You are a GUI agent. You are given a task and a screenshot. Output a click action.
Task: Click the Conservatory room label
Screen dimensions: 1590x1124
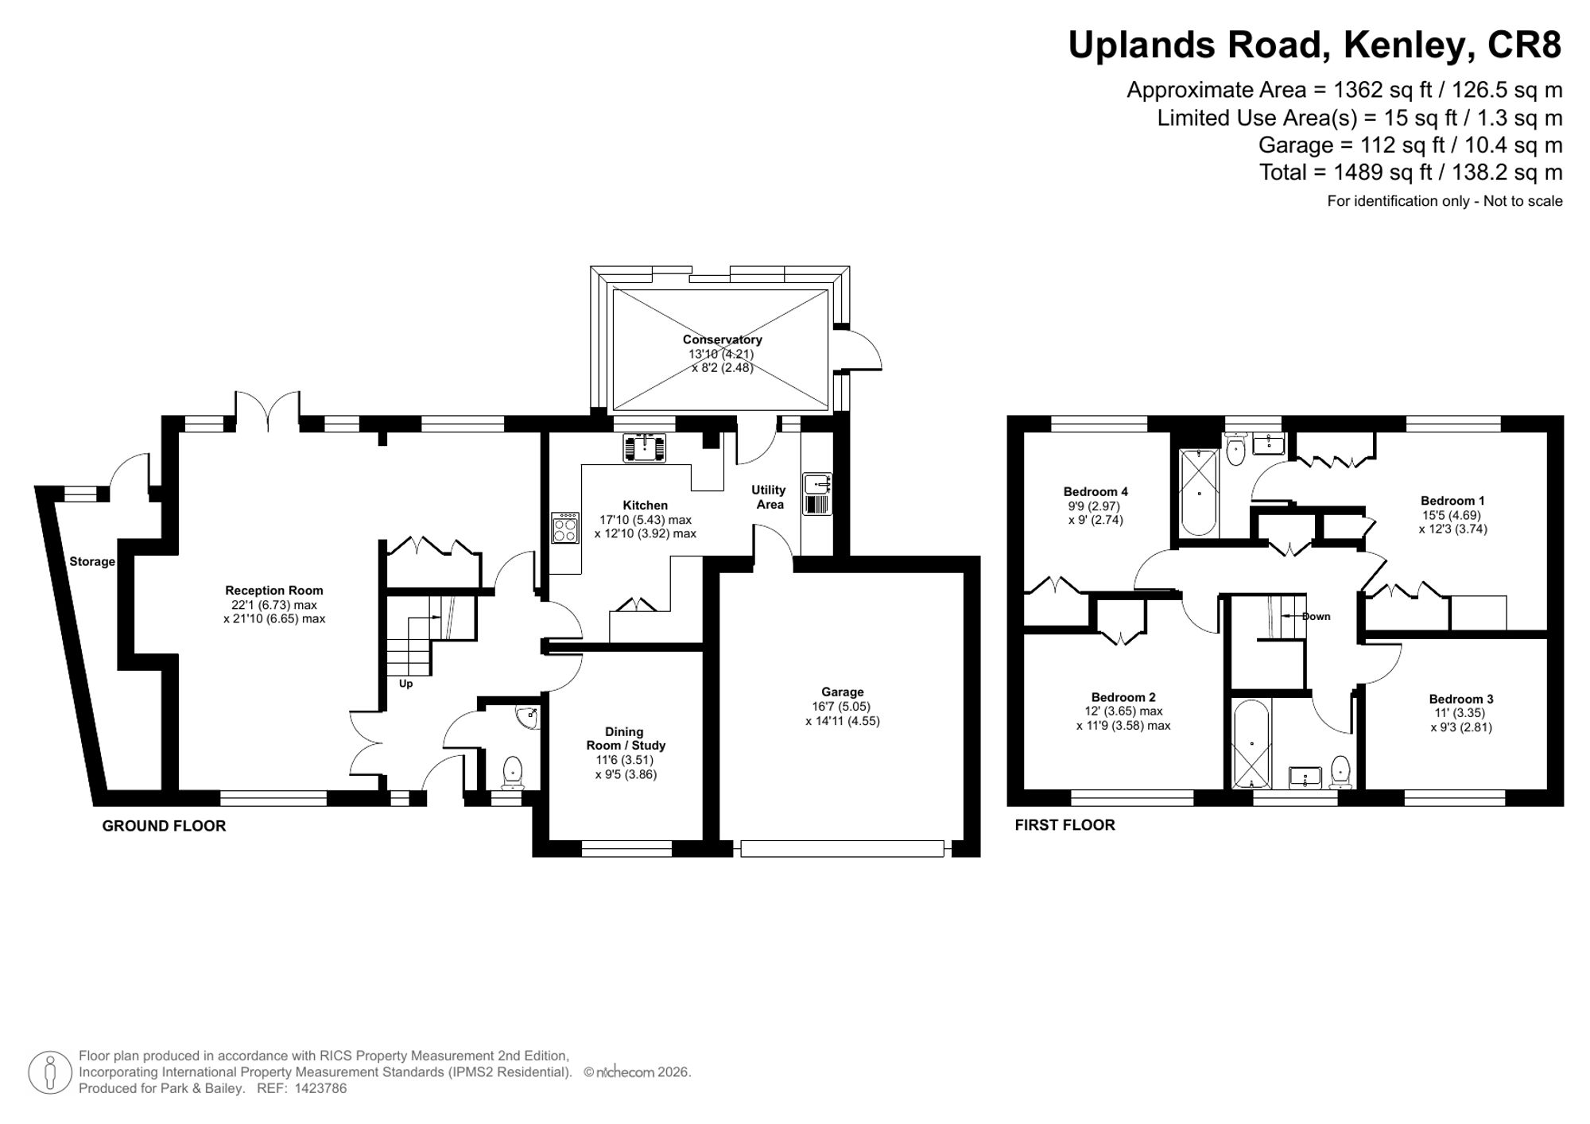click(722, 339)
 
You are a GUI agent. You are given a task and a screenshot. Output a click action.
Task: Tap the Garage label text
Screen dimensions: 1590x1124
click(843, 692)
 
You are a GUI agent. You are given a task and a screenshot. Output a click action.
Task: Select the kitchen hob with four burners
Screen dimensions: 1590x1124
click(565, 528)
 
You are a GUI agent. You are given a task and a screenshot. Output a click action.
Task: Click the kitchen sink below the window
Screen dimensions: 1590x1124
click(644, 448)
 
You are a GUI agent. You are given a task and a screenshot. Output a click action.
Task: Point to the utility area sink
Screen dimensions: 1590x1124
click(817, 494)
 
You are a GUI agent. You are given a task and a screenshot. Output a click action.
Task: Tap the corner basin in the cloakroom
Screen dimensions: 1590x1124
click(528, 717)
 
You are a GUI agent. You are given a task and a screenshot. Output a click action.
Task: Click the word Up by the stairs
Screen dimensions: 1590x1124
click(405, 684)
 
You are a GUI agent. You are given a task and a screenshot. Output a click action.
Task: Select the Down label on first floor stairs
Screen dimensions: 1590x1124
click(1316, 616)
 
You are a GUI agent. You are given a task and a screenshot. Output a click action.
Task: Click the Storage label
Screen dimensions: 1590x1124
click(92, 561)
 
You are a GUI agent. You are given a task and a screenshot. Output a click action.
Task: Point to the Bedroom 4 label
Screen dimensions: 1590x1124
click(1096, 491)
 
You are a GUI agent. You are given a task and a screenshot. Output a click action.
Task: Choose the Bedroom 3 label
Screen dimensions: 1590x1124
click(1461, 699)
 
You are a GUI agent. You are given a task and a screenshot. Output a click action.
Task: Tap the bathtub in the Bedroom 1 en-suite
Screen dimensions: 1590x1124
click(1199, 493)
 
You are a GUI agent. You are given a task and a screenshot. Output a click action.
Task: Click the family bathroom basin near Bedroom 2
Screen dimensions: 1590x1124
click(1305, 777)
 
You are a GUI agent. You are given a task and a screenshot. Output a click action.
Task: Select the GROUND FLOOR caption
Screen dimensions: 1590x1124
click(164, 826)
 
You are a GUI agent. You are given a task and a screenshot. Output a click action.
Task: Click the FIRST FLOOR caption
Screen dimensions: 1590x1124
click(1065, 825)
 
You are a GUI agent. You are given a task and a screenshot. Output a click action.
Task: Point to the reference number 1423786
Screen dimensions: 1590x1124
click(321, 1088)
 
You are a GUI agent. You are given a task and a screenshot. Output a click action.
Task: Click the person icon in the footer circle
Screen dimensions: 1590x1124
click(50, 1072)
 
